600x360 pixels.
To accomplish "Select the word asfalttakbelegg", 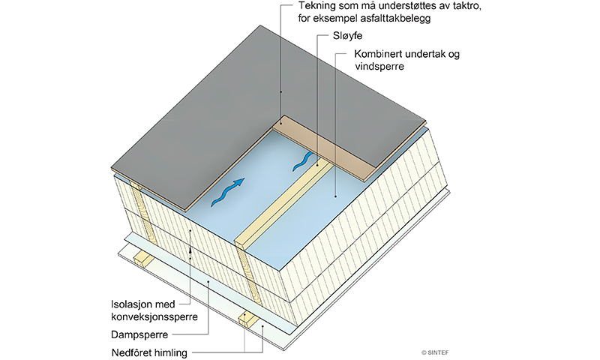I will pos(394,18).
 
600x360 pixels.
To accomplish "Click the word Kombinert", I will pos(379,55).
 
